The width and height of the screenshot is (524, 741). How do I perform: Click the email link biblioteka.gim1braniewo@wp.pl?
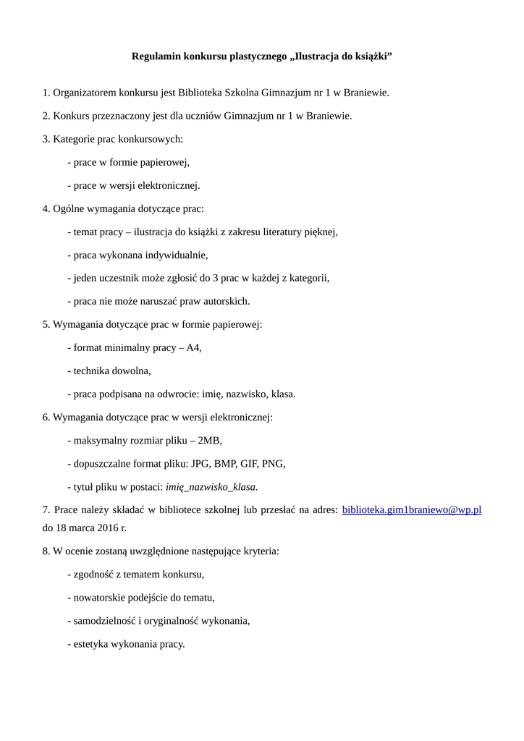coord(411,510)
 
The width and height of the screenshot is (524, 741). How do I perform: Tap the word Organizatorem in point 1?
coord(83,93)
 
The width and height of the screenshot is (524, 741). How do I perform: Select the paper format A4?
coord(193,347)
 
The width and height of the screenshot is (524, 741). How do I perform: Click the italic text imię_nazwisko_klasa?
coord(212,486)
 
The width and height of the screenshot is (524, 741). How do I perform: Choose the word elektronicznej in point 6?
coord(240,417)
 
